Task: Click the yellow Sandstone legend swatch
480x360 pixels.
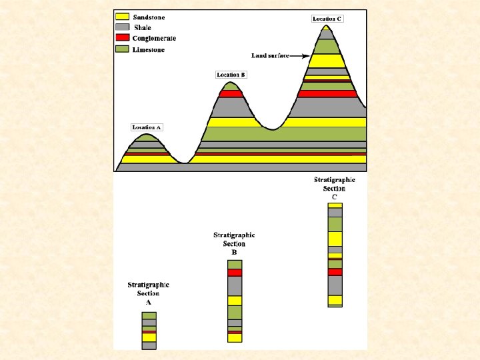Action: pos(122,17)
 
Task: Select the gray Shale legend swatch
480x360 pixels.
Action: pos(122,27)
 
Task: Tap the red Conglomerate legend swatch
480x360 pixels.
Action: pos(122,37)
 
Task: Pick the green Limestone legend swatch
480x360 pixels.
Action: pos(122,49)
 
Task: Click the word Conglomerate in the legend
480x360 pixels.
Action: pos(154,38)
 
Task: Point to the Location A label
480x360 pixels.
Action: pos(147,127)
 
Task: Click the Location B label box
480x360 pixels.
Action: pos(231,75)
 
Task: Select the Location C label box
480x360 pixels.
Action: pos(327,19)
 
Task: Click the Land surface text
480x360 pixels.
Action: pos(270,56)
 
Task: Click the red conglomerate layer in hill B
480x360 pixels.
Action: pos(231,94)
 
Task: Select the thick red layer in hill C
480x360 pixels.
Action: pos(327,94)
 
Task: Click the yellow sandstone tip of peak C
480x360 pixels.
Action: pos(326,28)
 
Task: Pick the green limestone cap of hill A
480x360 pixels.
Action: pos(147,138)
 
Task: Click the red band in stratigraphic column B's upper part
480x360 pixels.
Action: pos(235,273)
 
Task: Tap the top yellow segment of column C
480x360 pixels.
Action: pos(335,205)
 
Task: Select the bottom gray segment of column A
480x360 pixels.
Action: pos(149,345)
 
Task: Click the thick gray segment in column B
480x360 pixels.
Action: pos(235,286)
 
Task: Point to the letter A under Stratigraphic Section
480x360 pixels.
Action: pos(149,303)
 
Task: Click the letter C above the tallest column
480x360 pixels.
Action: pos(334,197)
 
